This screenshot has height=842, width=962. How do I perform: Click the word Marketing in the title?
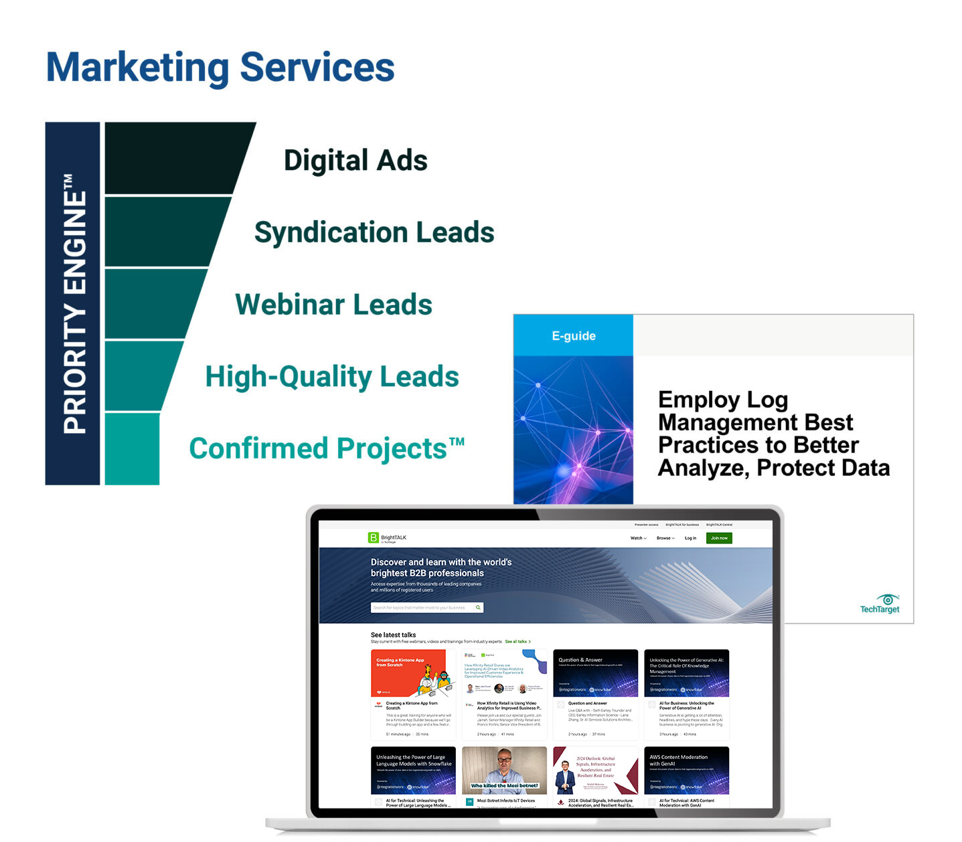coord(137,68)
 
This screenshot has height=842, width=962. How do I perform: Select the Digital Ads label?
coord(355,161)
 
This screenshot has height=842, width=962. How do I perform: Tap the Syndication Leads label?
coord(374,232)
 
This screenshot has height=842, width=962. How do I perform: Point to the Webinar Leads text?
coord(333,305)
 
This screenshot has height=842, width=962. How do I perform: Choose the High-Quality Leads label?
coord(332,376)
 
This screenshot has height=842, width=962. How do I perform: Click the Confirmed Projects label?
coord(326,448)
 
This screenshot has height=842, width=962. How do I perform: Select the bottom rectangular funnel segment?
coord(132,448)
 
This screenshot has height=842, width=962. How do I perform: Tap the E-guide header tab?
coord(573,336)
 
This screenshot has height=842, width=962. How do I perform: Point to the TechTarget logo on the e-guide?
coord(880,604)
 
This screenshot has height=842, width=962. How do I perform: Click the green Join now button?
coord(719,538)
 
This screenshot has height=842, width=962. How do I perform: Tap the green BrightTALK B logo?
coord(374,537)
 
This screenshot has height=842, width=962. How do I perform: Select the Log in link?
coord(690,538)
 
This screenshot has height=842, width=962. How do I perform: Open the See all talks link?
coord(517,641)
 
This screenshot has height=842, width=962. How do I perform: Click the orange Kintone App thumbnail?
coord(412,673)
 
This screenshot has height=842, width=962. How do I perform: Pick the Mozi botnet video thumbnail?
coord(504,770)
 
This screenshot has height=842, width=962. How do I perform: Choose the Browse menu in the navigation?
coord(665,538)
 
